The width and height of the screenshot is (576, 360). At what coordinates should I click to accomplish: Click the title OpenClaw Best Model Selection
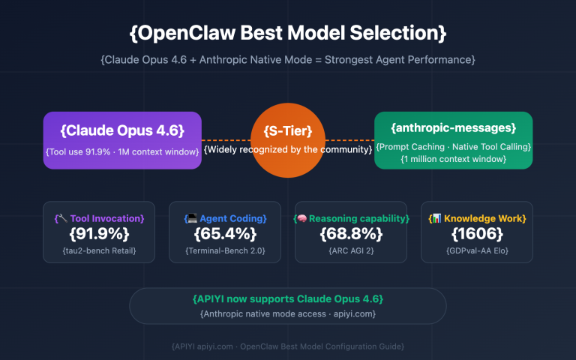tap(288, 33)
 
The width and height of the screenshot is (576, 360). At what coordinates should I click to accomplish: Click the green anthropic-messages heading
tap(453, 128)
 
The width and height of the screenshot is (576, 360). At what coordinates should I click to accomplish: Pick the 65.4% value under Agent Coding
tap(225, 233)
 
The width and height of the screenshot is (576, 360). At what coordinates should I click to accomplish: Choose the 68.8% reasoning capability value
tap(351, 233)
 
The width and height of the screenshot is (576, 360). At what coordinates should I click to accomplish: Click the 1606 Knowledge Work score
tap(477, 233)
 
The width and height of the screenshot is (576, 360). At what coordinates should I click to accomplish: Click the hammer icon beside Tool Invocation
tap(63, 218)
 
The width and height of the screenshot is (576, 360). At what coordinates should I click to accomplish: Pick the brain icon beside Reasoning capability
tap(299, 218)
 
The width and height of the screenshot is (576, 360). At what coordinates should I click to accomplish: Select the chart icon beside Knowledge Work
tap(433, 218)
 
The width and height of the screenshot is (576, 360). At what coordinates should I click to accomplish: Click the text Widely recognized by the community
tap(288, 150)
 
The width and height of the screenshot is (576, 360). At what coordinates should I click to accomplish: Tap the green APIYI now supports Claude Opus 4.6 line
tap(288, 299)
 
